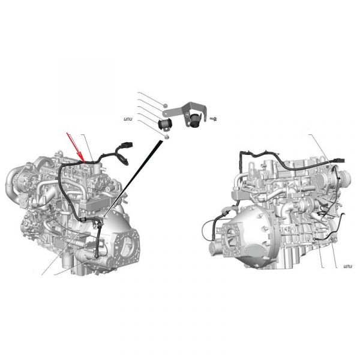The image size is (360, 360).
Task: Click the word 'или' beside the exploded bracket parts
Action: click(128, 119)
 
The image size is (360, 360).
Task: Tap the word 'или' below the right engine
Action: click(347, 266)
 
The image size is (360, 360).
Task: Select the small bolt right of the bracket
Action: click(213, 119)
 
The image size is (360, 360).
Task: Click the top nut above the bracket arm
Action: click(165, 106)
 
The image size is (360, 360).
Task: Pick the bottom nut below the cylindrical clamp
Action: click(167, 137)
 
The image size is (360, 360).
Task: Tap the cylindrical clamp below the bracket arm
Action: click(164, 124)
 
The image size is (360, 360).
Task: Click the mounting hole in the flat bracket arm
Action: click(164, 113)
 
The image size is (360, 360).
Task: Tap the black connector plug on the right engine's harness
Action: click(339, 160)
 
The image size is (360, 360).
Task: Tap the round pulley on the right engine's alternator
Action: click(345, 177)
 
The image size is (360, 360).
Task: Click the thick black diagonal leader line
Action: click(132, 178)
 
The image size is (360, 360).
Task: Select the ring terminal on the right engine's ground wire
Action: click(314, 239)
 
